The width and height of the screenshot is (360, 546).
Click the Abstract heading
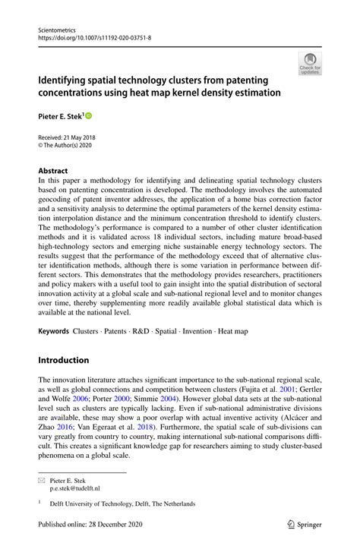(52, 171)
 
